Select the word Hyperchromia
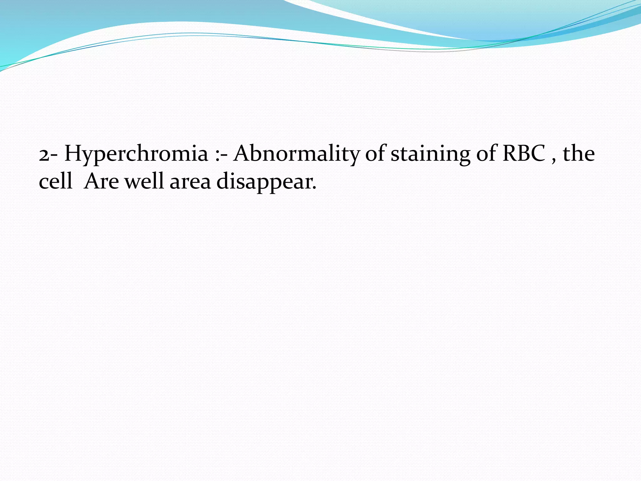pyautogui.click(x=136, y=154)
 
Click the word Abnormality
pyautogui.click(x=297, y=154)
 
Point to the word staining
pyautogui.click(x=431, y=154)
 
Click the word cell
pyautogui.click(x=55, y=181)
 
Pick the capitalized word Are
pyautogui.click(x=101, y=181)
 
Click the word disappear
pyautogui.click(x=264, y=182)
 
